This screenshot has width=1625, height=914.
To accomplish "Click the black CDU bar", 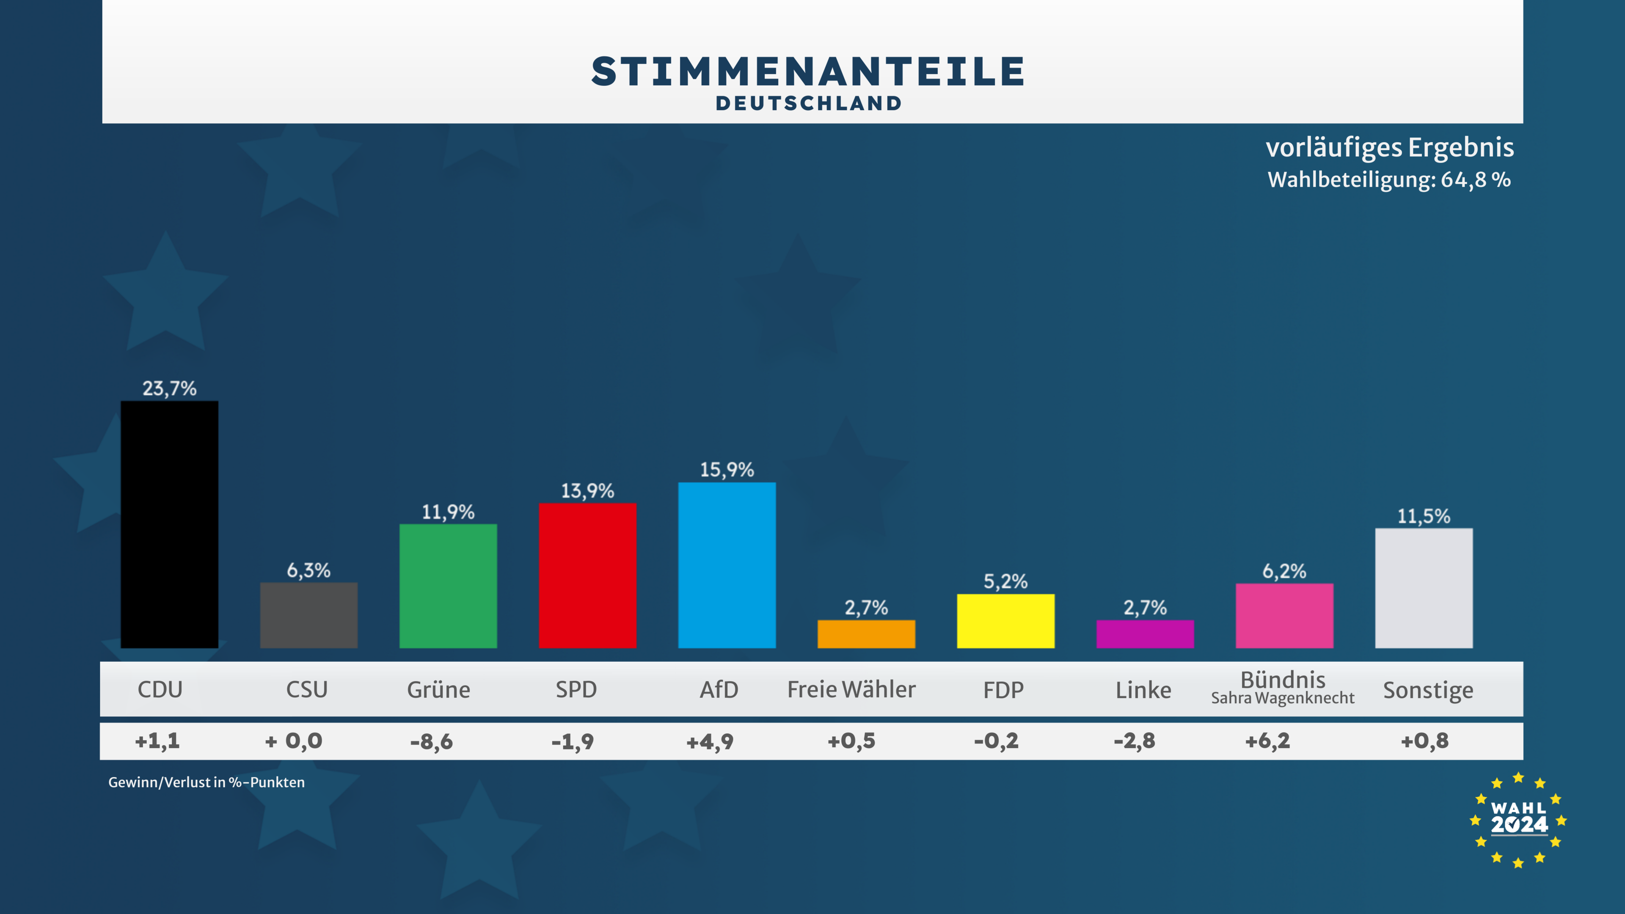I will (x=169, y=524).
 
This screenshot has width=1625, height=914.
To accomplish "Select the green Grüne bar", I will (x=448, y=586).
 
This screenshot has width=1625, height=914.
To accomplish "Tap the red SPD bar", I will (x=587, y=575).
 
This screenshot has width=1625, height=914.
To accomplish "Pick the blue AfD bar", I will (x=727, y=565).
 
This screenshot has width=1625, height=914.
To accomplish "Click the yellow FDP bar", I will (x=1005, y=621).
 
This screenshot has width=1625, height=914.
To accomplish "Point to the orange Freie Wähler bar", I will (x=866, y=634).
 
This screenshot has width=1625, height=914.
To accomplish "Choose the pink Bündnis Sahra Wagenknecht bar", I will (x=1284, y=616).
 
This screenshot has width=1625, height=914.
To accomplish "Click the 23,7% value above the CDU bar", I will (x=169, y=388).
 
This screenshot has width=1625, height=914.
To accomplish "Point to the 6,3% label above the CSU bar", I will (x=308, y=571).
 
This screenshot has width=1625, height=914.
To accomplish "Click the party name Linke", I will (x=1143, y=690).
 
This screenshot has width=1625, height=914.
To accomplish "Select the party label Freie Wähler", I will (x=851, y=689).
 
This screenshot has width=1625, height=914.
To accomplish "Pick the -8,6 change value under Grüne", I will (x=432, y=741).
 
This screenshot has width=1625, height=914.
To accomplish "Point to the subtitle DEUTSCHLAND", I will (x=809, y=103).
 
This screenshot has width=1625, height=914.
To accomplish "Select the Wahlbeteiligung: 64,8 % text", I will (x=1389, y=180).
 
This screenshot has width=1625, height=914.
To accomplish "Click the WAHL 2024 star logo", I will (x=1518, y=819).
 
